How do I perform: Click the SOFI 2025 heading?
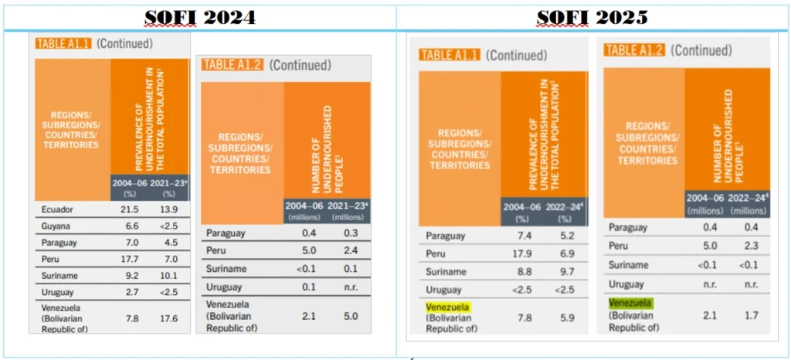[592, 16]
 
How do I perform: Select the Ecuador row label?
[56, 210]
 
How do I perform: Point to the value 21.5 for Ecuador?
[130, 210]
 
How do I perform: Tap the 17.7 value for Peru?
[130, 258]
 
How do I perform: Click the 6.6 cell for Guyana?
[130, 226]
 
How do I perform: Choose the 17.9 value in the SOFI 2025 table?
[523, 254]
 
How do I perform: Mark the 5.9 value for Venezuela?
[566, 314]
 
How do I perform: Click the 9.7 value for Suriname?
[566, 273]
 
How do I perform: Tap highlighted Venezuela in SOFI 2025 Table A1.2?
[630, 304]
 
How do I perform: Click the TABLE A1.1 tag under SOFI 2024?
[63, 44]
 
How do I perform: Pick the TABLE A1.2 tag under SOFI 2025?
[634, 49]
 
